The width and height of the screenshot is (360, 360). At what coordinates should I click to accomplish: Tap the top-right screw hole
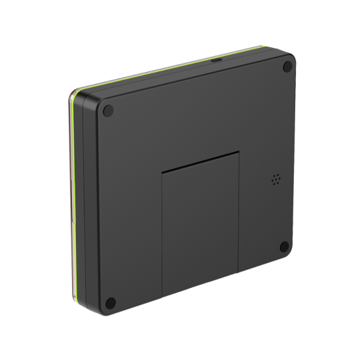point(287,66)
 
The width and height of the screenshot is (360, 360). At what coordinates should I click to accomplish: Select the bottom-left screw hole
point(111,302)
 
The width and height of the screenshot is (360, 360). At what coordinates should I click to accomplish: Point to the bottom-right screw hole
point(285,247)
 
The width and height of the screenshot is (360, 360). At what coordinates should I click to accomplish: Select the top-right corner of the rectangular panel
point(239,152)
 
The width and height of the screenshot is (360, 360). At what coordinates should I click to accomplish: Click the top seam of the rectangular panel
point(200,161)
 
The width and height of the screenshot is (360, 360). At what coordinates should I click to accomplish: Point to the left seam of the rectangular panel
point(162,236)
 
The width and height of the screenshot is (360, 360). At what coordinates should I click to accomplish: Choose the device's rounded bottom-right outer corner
point(290,255)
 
